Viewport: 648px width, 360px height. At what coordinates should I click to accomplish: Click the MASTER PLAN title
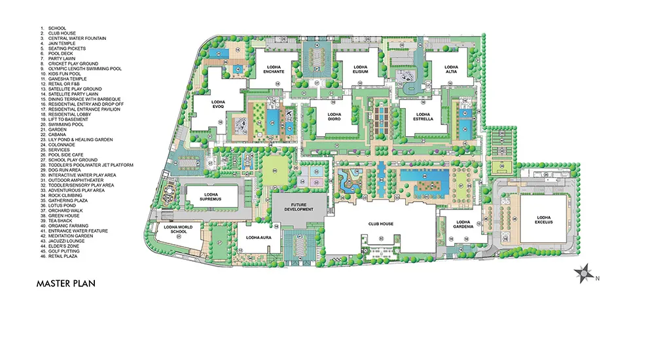pos(67,283)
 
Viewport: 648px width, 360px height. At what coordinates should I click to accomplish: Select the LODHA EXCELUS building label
pos(545,220)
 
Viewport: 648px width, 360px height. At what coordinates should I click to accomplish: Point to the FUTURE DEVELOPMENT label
pos(298,207)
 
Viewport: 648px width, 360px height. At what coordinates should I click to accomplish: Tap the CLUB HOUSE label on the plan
pos(381,224)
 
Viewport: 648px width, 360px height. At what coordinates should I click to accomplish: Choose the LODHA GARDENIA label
pos(463,225)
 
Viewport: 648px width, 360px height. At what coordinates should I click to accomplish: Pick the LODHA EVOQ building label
pos(218,105)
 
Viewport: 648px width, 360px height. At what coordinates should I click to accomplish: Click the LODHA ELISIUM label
pos(361,69)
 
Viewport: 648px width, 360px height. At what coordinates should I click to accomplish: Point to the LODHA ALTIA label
pos(451,68)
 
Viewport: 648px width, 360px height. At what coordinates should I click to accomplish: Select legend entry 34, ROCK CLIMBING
pos(65,195)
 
